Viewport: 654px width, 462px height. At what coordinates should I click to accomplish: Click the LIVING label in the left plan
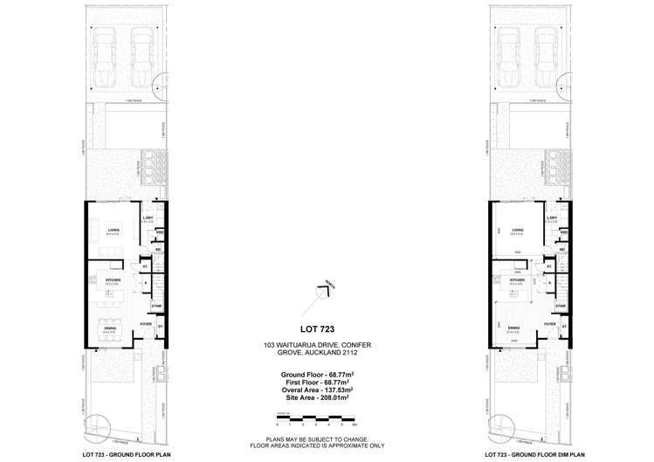click(114, 230)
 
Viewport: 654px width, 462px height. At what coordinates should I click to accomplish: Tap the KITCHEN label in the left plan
click(112, 279)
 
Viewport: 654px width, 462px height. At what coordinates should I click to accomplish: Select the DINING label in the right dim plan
click(514, 328)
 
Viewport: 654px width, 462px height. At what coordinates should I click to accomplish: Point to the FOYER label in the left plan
click(146, 323)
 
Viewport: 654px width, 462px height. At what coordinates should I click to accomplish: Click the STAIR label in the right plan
click(561, 306)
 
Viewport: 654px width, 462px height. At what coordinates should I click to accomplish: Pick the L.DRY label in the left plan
click(148, 218)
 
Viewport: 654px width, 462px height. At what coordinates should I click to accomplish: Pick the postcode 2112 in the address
click(364, 354)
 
